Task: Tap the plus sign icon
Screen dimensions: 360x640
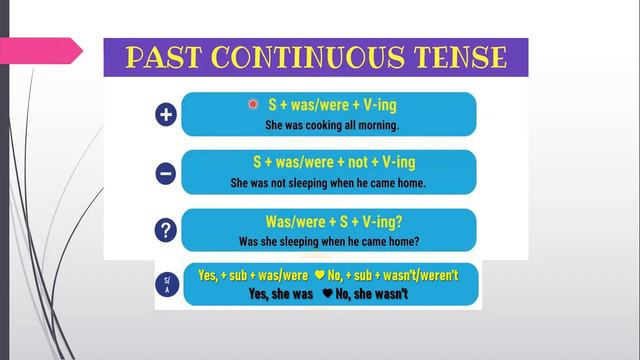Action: point(167,116)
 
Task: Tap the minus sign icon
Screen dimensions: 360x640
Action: point(167,174)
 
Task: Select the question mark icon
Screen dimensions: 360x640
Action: point(167,231)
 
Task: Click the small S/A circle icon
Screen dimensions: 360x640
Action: point(167,284)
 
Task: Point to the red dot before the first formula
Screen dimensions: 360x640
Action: point(252,104)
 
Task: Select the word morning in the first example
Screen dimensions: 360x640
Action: point(374,125)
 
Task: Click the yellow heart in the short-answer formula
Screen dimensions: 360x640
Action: point(319,274)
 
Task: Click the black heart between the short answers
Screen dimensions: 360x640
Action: point(326,294)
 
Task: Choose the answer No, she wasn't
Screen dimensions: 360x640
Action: point(375,294)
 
